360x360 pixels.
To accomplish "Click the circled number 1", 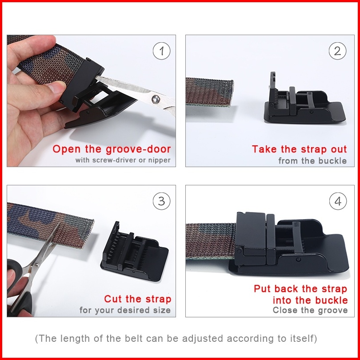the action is [162, 51].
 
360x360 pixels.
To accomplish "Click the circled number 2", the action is [337, 51].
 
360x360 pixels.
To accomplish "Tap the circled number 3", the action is [162, 201].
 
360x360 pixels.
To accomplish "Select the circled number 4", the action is [338, 201].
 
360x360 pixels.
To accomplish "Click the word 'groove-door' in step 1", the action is [138, 149].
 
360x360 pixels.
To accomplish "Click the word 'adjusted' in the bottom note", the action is [202, 338].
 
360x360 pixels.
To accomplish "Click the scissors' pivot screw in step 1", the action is [156, 99].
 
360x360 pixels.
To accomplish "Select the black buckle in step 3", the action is [134, 252].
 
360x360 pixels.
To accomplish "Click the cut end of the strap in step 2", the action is [231, 93].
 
